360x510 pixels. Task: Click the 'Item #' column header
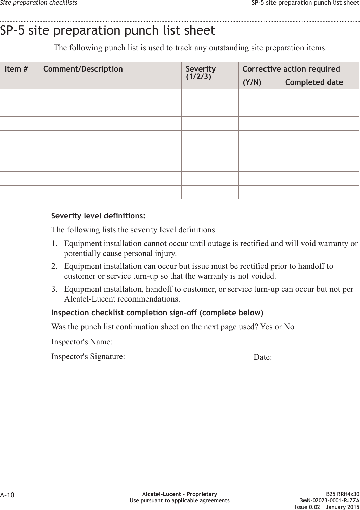(16, 69)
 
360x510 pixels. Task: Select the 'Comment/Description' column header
(83, 69)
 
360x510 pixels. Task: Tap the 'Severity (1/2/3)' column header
(201, 72)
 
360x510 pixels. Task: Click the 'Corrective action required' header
(291, 69)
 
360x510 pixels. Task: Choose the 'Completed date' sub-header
(314, 82)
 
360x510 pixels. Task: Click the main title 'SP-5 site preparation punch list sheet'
(108, 30)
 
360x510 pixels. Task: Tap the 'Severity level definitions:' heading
(98, 216)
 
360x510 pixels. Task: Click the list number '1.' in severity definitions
(54, 244)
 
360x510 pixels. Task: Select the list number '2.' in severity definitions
(54, 266)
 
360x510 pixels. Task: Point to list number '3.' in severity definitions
(54, 289)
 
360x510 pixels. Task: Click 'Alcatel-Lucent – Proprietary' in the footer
(180, 494)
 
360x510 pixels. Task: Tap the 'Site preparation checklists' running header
(39, 3)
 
